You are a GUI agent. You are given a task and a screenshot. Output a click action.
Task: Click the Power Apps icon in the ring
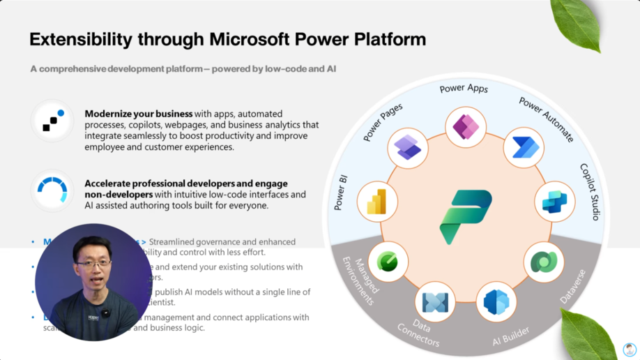[x=466, y=127]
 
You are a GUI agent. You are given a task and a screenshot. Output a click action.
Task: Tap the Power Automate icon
[x=524, y=147]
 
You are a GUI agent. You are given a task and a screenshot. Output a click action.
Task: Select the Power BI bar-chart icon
[x=377, y=202]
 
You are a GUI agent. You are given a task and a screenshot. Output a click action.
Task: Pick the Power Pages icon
[x=408, y=147]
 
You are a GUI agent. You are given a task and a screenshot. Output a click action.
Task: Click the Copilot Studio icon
[x=555, y=202]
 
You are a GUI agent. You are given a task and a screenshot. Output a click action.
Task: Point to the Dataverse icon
[x=544, y=262]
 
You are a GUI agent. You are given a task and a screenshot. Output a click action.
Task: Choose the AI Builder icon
[x=496, y=302]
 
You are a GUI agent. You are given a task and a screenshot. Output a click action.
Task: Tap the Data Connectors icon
[x=435, y=302]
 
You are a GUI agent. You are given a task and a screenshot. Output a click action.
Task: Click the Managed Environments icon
[x=388, y=262]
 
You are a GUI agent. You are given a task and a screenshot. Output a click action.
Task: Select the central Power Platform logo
[x=466, y=217]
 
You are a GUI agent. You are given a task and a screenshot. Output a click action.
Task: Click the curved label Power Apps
[x=464, y=89]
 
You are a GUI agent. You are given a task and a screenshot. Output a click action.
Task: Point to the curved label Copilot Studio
[x=590, y=192]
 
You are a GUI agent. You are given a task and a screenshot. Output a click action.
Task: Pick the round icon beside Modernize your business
[x=53, y=120]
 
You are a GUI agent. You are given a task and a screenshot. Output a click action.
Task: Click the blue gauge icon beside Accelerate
[x=53, y=190]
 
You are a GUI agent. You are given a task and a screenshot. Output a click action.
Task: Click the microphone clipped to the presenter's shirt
[x=106, y=313]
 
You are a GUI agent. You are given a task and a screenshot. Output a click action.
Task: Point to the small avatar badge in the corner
[x=630, y=350]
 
